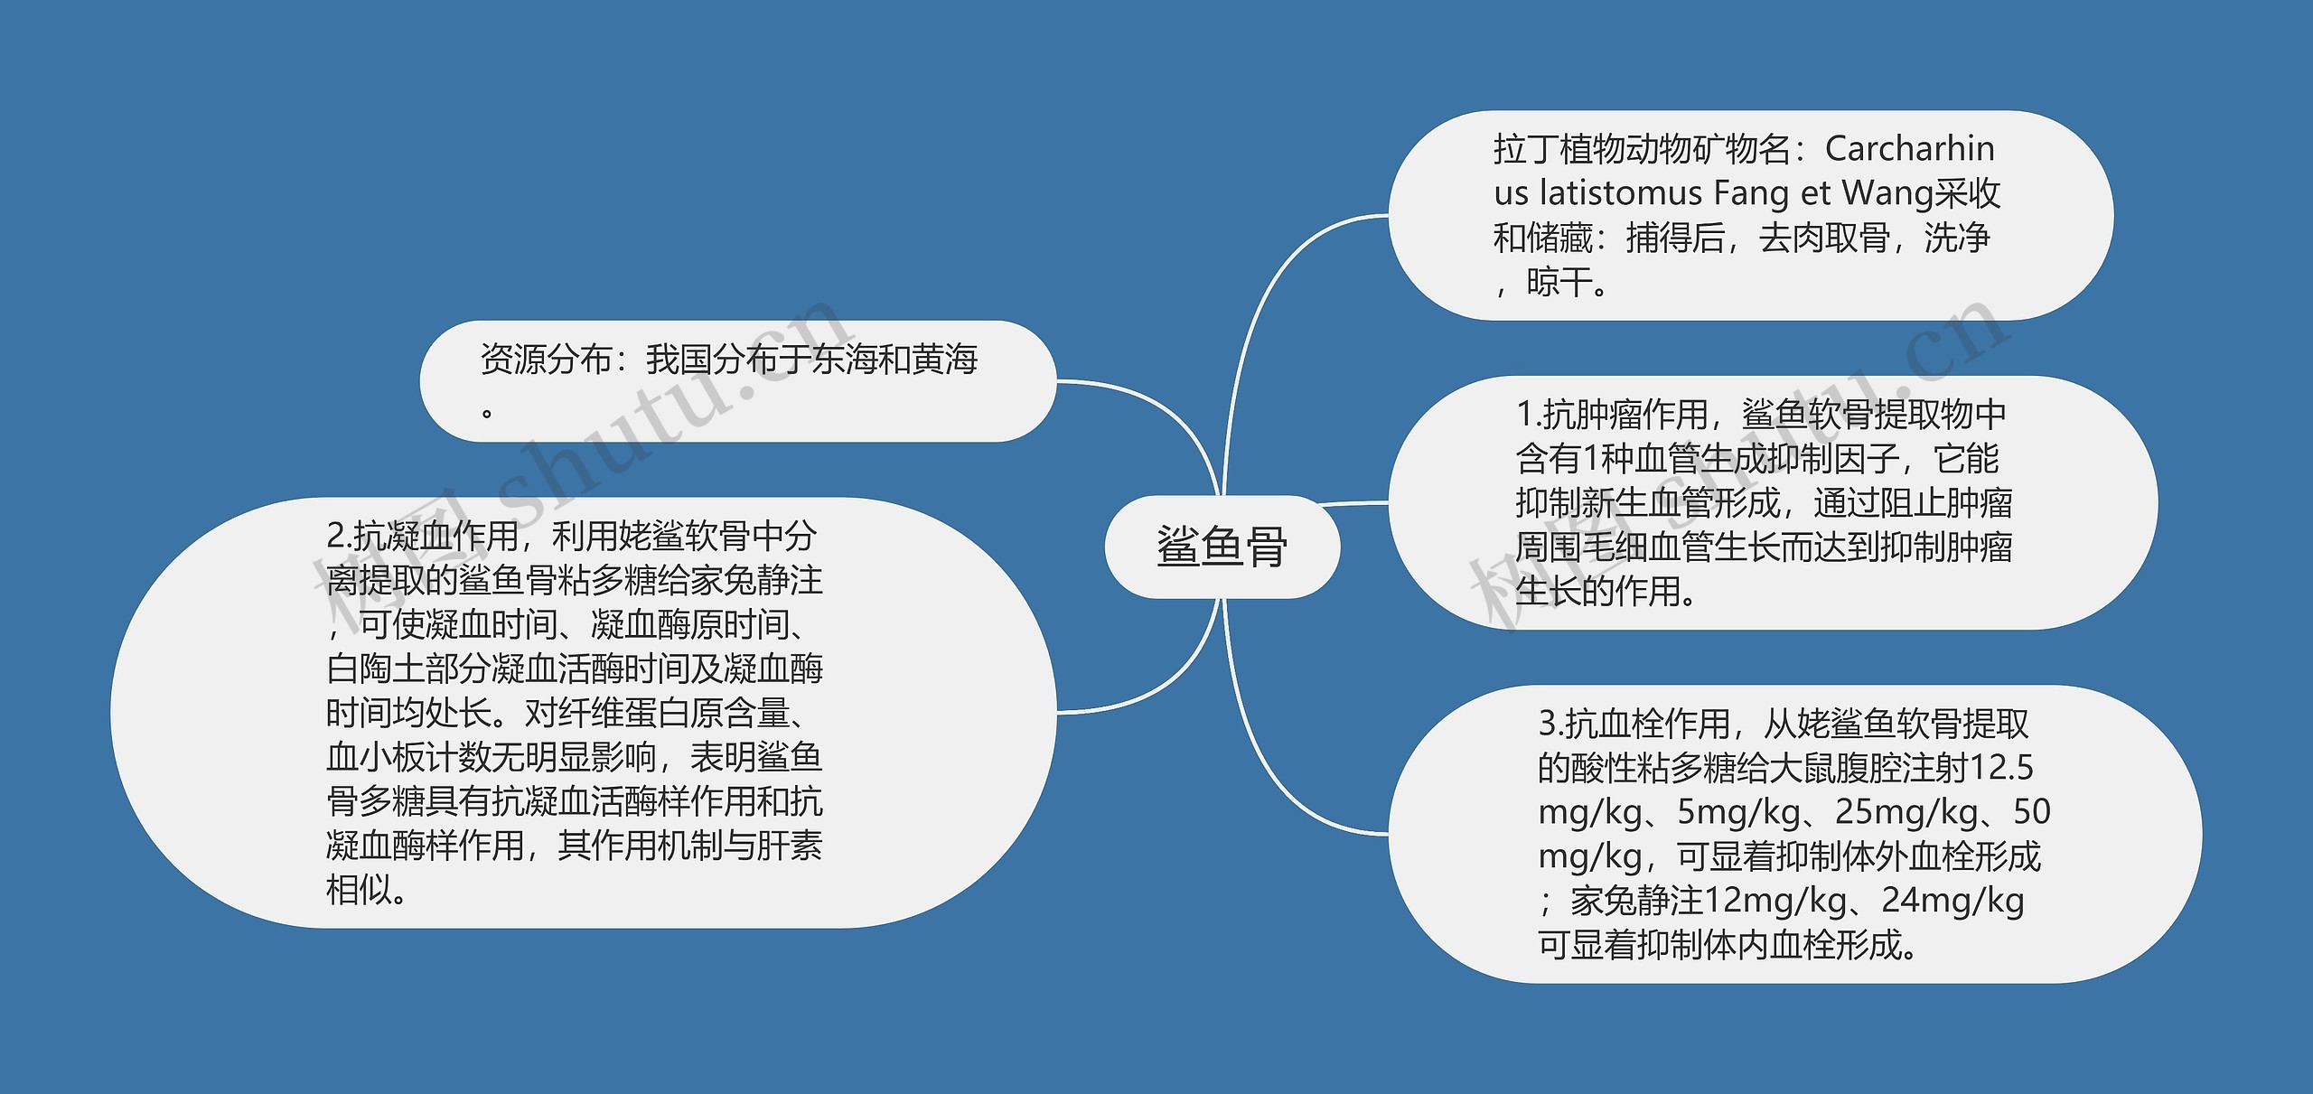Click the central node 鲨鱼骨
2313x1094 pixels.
pos(1222,547)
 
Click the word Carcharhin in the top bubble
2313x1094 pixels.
pos(1909,149)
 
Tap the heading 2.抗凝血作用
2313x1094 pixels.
pos(423,537)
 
